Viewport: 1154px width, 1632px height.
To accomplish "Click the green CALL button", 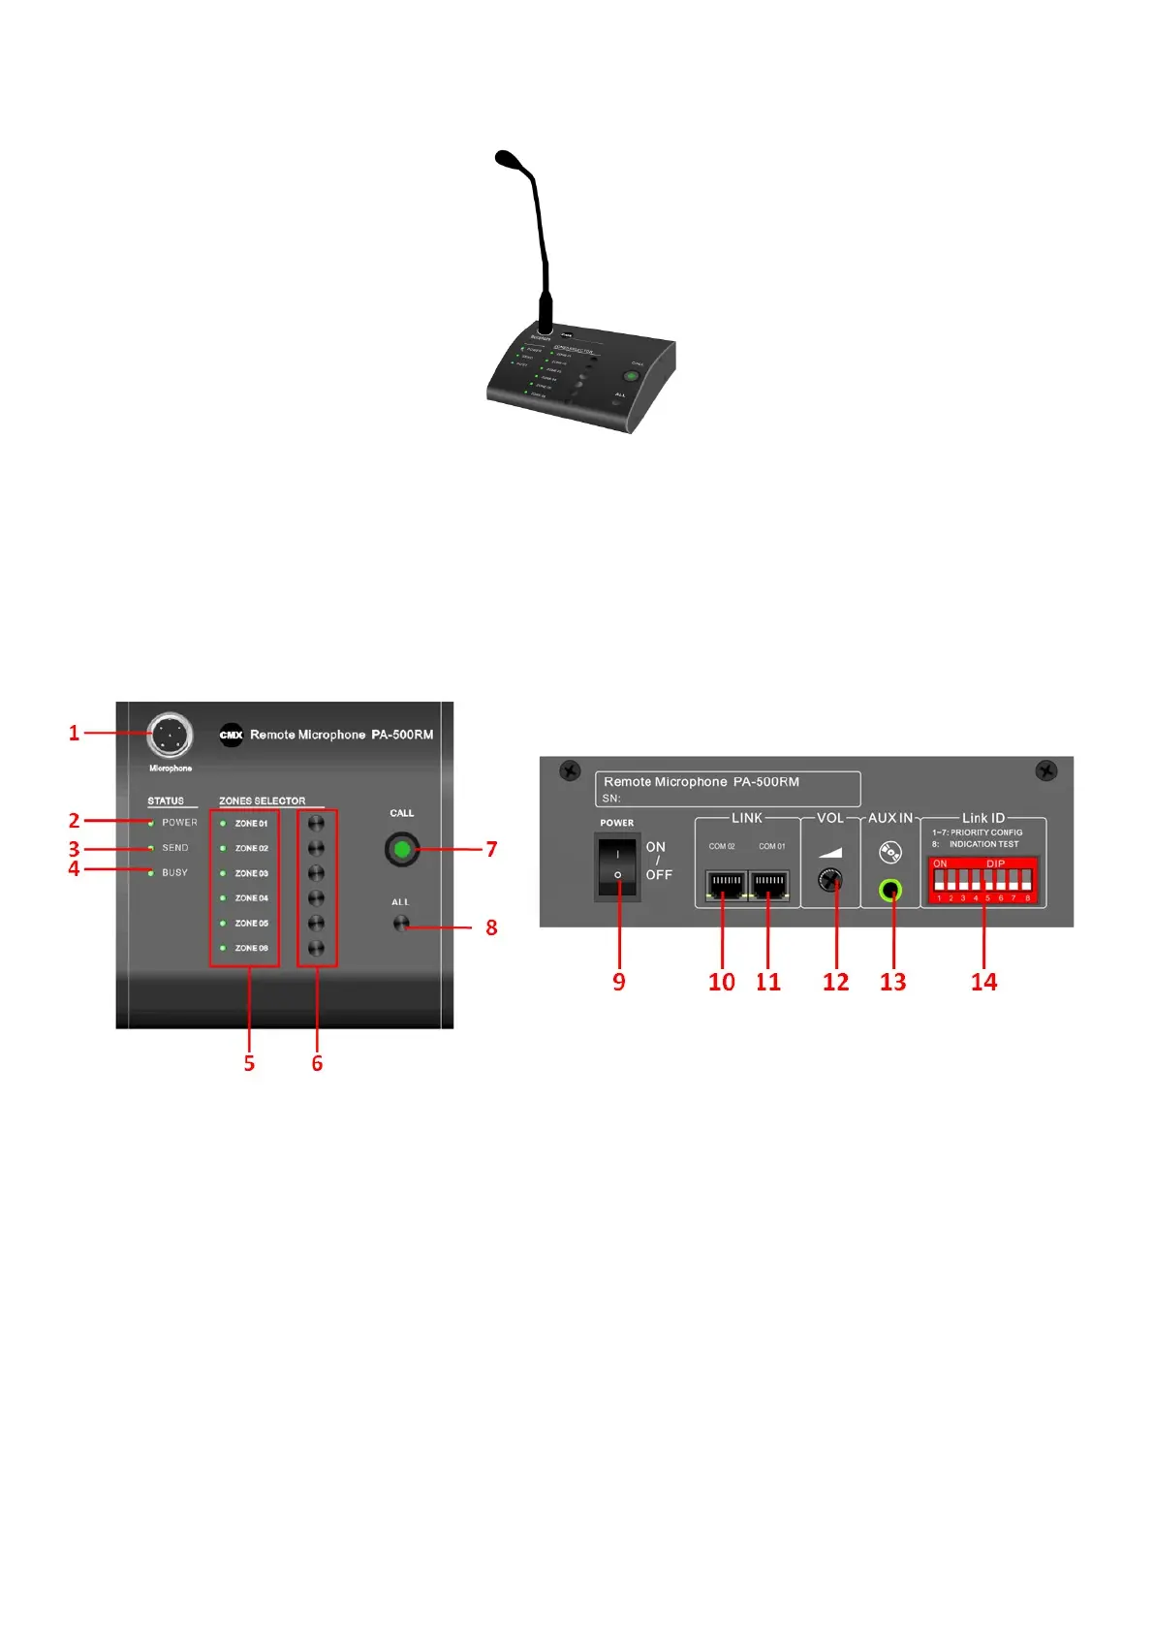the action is click(x=402, y=850).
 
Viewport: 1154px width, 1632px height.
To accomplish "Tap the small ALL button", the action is click(x=401, y=924).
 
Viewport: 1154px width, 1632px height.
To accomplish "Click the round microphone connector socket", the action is click(x=171, y=736).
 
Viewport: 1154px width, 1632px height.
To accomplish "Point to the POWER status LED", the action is click(x=151, y=823).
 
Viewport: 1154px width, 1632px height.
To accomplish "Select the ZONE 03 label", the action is click(x=251, y=873).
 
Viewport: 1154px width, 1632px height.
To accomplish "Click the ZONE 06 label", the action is click(x=251, y=948).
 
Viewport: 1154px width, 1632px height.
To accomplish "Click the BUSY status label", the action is click(x=174, y=873).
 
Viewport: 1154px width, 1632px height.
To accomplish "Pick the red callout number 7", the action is click(x=491, y=850).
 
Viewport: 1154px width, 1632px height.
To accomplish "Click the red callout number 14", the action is click(x=983, y=982).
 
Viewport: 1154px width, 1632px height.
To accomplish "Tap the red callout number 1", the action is click(x=74, y=733).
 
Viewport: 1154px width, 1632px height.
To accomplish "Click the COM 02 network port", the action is click(x=725, y=885).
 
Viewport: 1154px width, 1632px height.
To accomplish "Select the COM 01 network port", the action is click(x=770, y=885).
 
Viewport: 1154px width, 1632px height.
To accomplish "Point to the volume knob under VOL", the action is click(x=830, y=881).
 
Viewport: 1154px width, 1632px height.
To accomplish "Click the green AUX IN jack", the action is click(x=890, y=890).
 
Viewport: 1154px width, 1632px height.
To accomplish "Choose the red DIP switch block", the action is click(x=983, y=881).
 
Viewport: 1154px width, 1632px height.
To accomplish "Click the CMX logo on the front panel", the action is click(x=231, y=735).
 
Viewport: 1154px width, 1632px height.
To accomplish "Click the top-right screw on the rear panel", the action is click(x=1046, y=770).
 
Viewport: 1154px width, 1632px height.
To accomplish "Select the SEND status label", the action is click(x=174, y=848).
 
